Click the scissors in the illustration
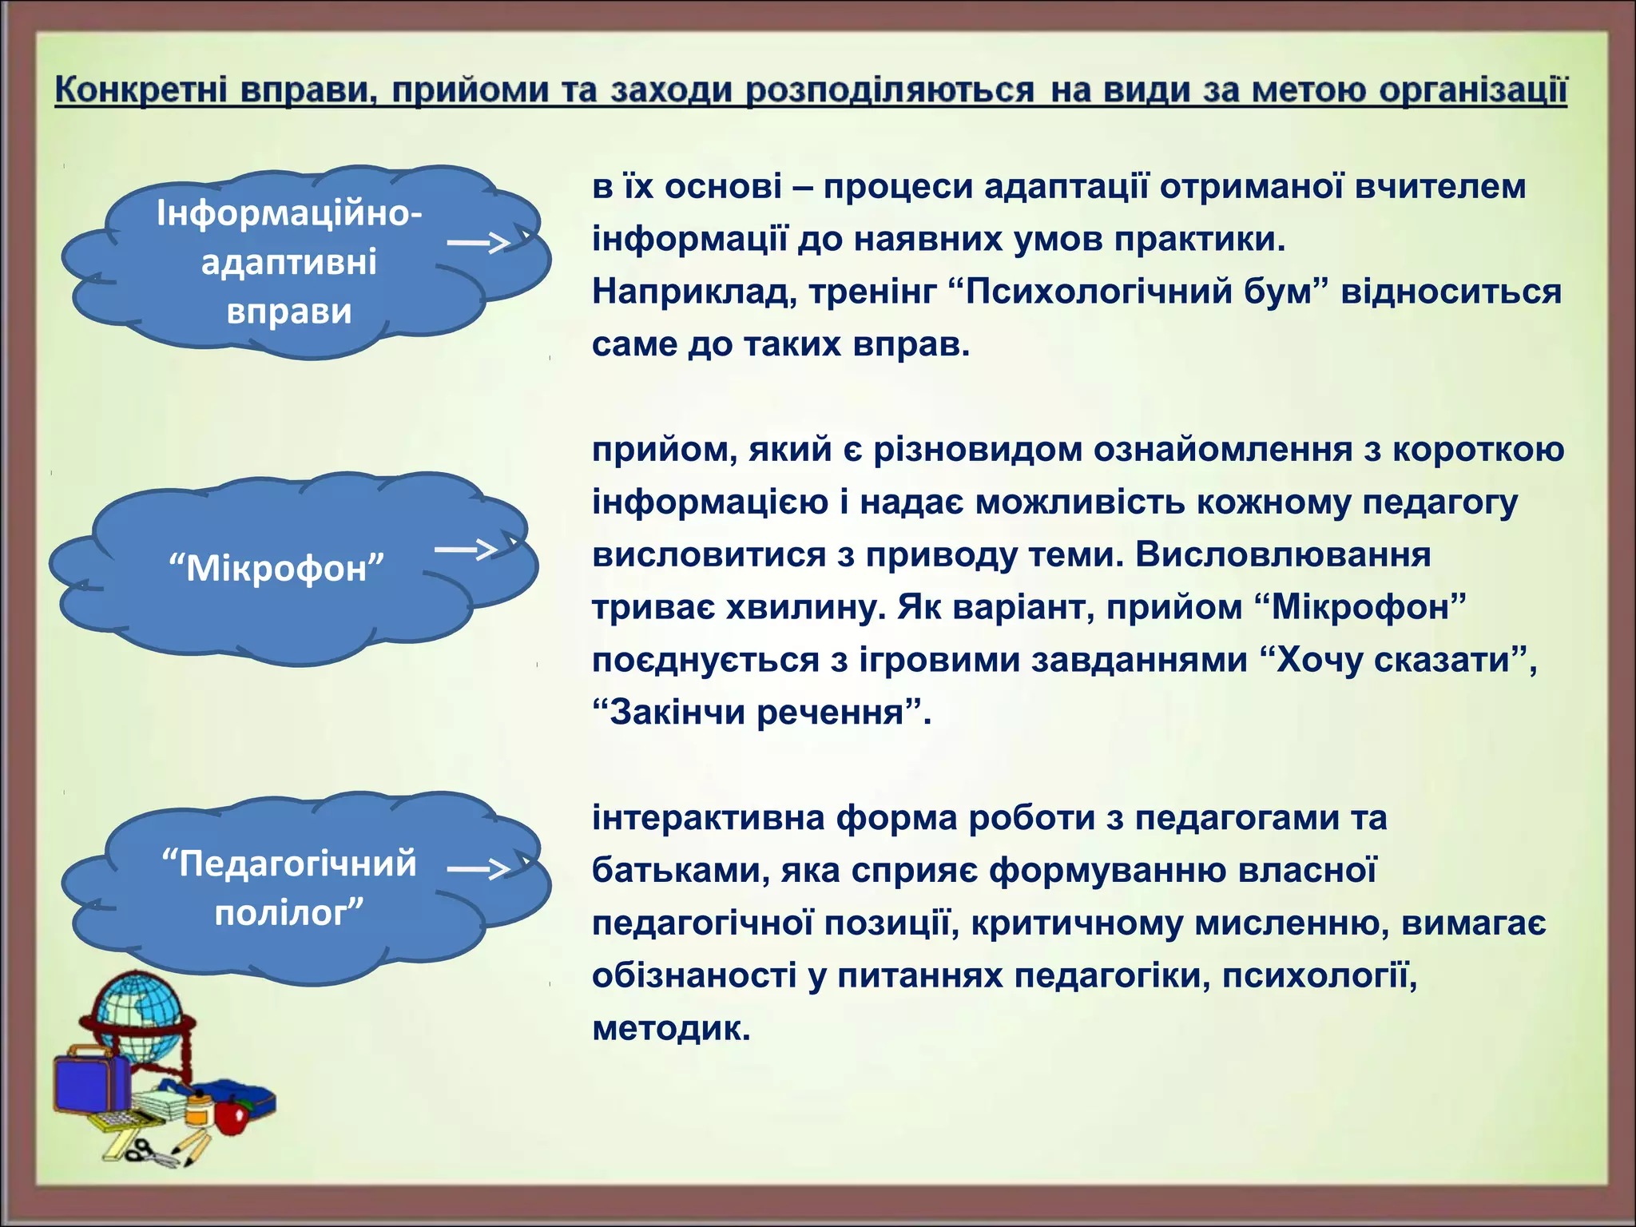point(148,1151)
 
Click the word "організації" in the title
point(1473,89)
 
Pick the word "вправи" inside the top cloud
point(289,312)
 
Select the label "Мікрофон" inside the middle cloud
point(276,569)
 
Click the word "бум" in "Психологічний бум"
point(1285,292)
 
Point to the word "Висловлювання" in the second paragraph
point(1283,555)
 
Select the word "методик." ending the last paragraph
point(671,1028)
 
